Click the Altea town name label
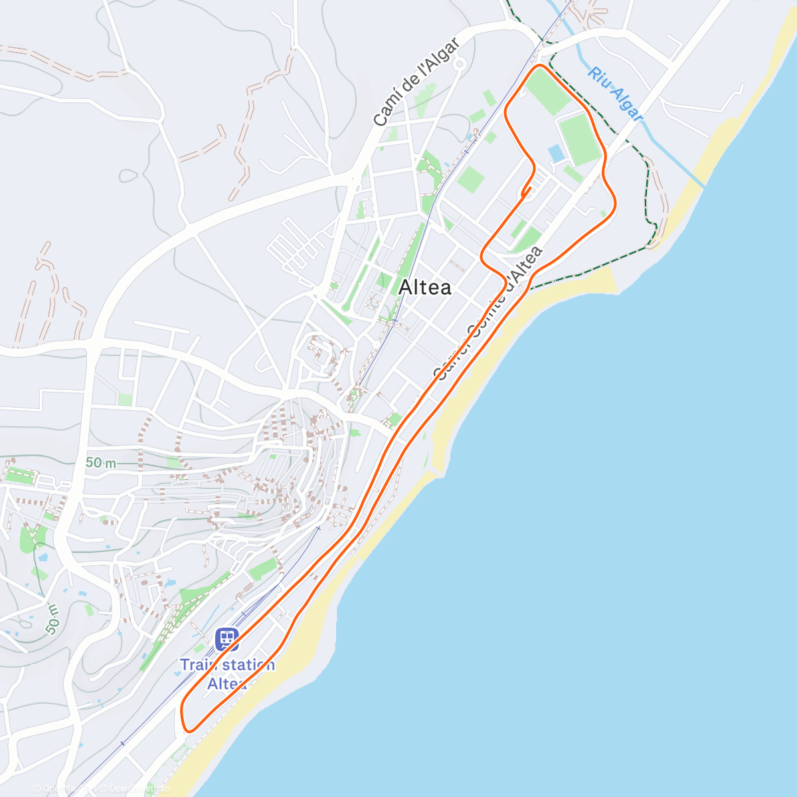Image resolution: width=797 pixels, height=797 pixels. click(425, 288)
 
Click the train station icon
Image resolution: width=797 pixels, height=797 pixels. click(227, 640)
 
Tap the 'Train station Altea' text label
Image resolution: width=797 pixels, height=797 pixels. click(227, 673)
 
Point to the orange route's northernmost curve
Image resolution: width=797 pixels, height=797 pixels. click(540, 66)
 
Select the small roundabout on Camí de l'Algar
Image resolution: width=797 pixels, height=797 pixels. click(460, 64)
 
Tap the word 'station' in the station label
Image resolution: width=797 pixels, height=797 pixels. click(243, 665)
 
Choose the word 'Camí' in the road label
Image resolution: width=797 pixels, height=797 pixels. click(386, 113)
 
